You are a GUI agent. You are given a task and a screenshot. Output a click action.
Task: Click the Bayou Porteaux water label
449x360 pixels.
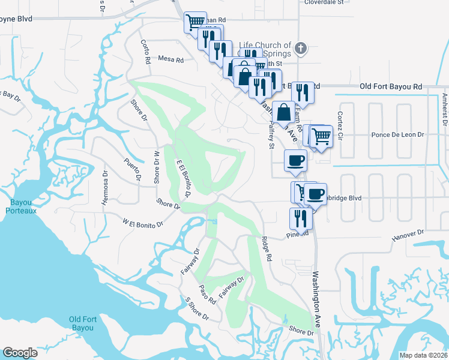click(22, 207)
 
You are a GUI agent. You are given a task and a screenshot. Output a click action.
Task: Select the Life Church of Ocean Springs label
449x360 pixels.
click(265, 49)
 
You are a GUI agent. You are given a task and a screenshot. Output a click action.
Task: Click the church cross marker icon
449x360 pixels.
click(301, 48)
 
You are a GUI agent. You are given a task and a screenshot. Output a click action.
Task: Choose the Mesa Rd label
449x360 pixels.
click(170, 59)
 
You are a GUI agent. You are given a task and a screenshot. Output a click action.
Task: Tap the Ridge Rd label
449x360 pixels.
click(267, 249)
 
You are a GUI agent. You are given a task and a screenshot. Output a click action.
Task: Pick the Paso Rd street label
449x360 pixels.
click(208, 293)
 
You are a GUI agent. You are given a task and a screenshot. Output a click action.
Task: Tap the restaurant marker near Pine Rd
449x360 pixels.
click(301, 219)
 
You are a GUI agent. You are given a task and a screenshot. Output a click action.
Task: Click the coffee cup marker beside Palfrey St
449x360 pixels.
click(295, 161)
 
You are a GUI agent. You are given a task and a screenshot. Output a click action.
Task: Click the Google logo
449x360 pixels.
click(20, 353)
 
